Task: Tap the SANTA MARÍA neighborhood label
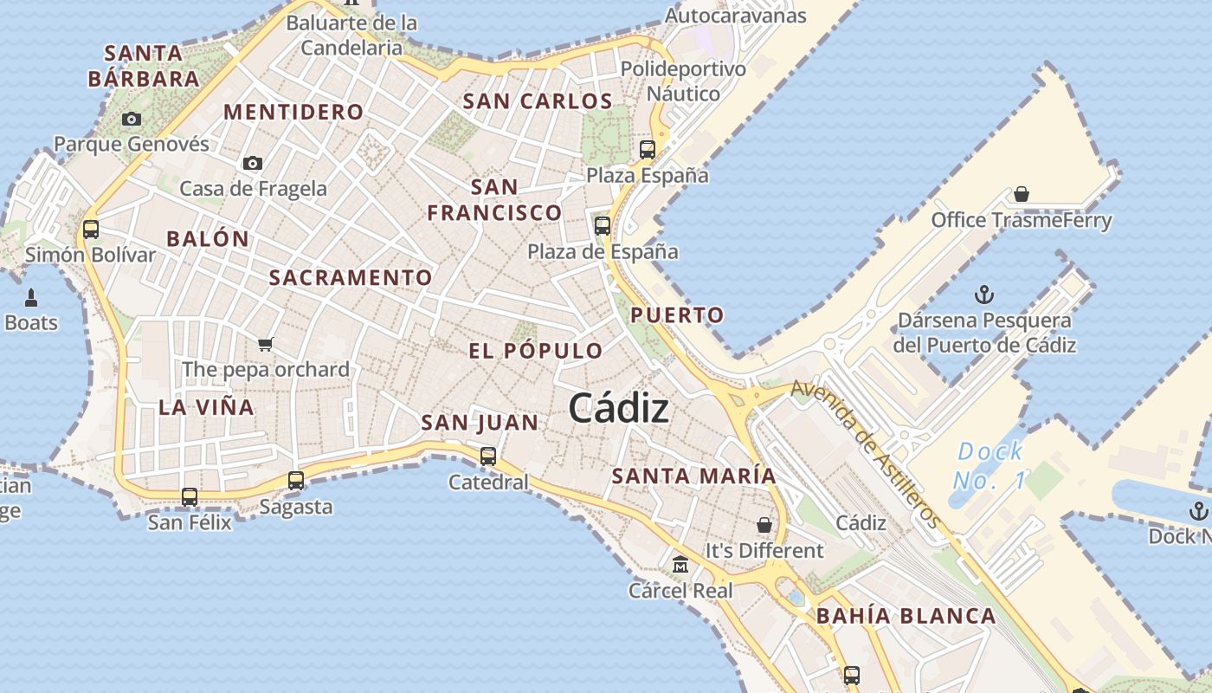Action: (x=694, y=476)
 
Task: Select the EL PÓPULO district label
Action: (x=536, y=351)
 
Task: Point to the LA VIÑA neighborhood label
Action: (x=206, y=407)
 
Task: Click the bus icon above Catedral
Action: (x=488, y=456)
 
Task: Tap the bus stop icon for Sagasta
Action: (x=296, y=480)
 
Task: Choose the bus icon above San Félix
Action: (x=190, y=497)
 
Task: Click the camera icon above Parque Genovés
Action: (x=132, y=119)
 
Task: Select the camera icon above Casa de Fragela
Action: (x=253, y=163)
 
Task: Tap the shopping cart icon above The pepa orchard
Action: (x=266, y=344)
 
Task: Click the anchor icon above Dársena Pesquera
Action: (x=984, y=295)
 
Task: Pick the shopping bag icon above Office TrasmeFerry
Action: (x=1022, y=194)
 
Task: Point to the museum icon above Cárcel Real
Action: (x=680, y=565)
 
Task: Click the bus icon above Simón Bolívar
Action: (x=91, y=230)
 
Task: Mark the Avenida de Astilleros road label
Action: (x=866, y=454)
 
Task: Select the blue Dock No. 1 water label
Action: (x=989, y=465)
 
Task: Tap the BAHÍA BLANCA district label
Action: (x=906, y=617)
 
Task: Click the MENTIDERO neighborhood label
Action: (x=293, y=112)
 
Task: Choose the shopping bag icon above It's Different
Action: (x=764, y=525)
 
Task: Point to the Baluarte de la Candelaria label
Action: (x=352, y=35)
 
